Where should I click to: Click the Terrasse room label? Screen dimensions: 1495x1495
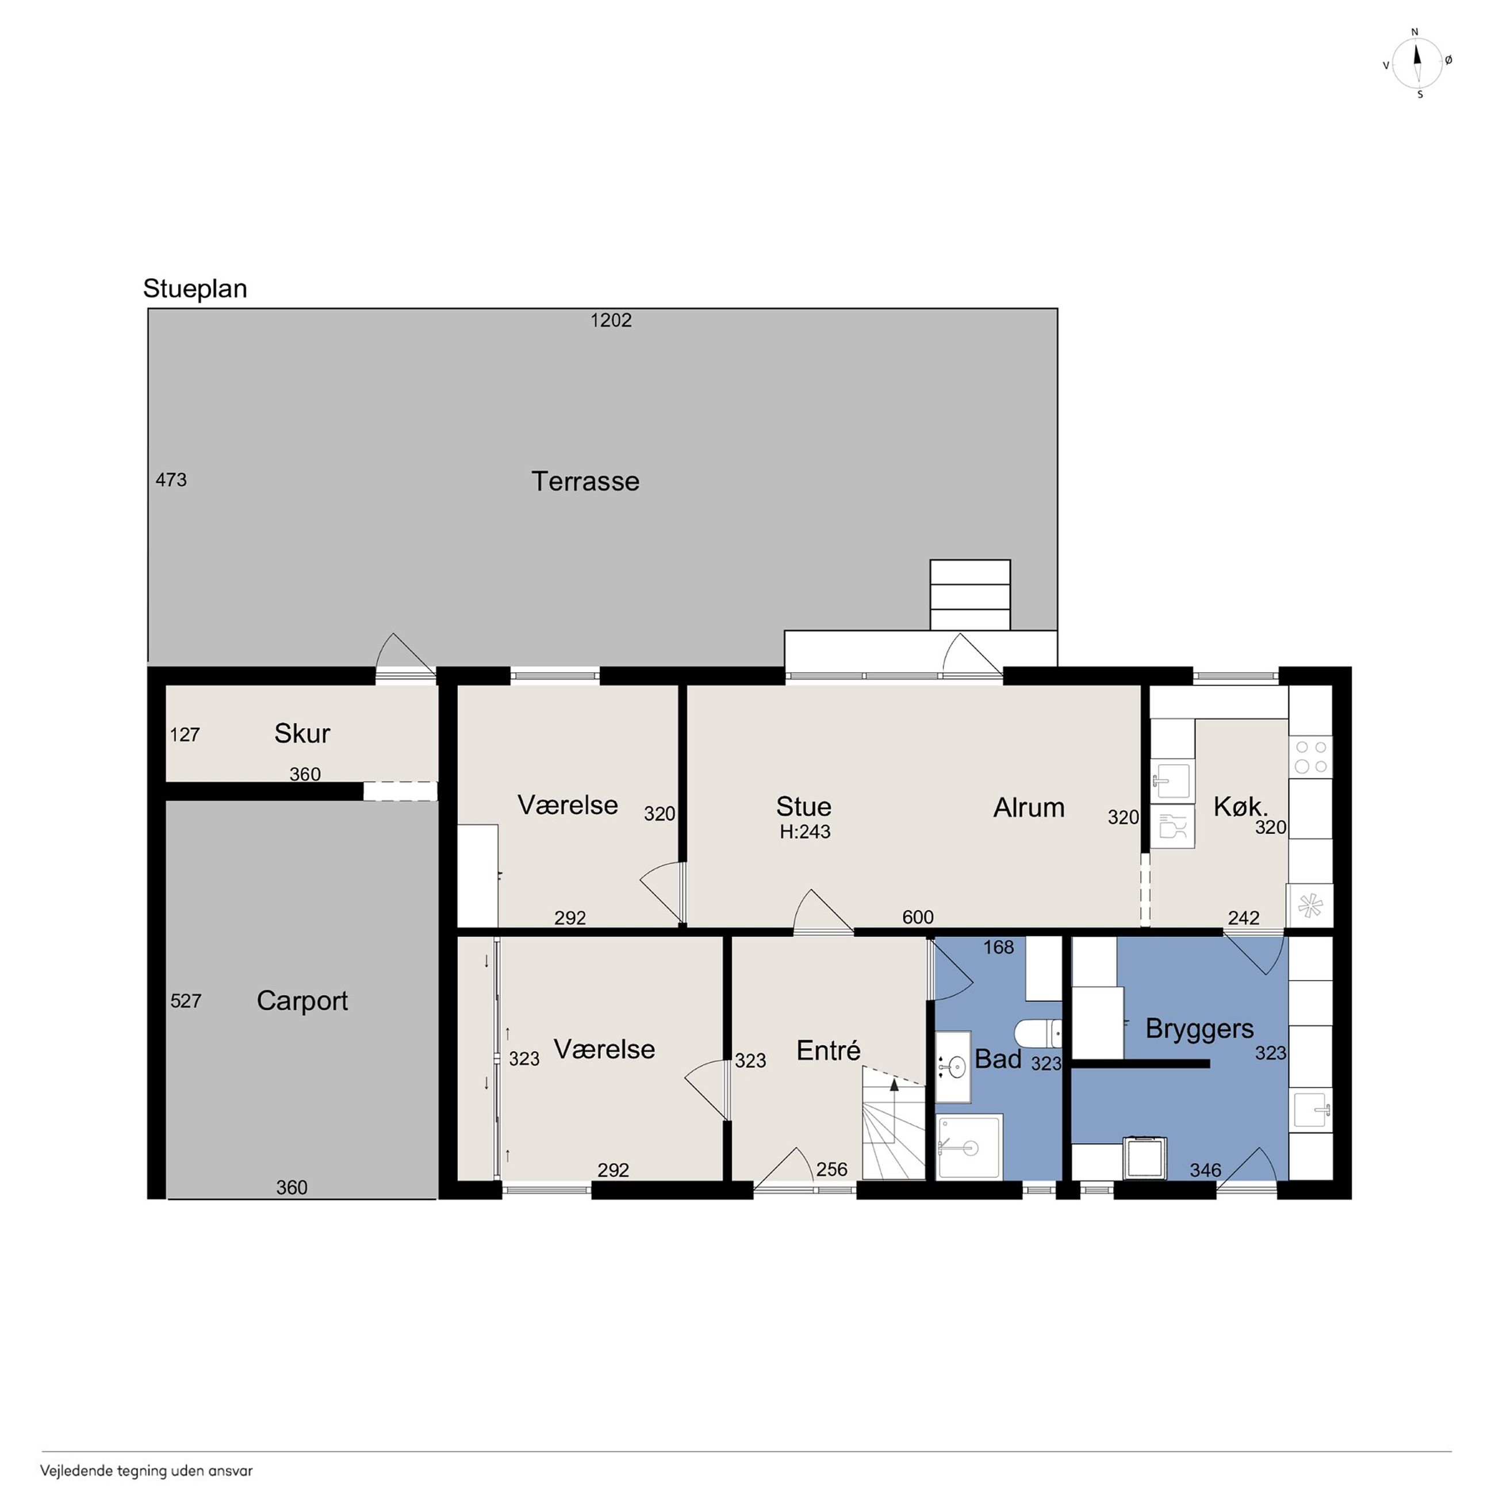point(585,481)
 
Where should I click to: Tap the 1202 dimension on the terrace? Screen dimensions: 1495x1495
point(611,320)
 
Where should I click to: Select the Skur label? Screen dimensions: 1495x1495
point(302,733)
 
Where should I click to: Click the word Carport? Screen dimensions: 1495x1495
point(302,1001)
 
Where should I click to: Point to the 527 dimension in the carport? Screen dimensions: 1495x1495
point(186,1000)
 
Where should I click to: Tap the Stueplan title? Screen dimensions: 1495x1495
point(195,289)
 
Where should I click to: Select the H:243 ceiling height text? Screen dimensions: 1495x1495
point(805,832)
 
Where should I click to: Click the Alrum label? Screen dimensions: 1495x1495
point(1029,807)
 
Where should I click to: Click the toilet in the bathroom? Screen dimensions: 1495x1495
point(1038,1032)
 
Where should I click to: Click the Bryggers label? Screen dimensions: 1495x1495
point(1199,1029)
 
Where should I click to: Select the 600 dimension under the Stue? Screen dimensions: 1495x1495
point(918,917)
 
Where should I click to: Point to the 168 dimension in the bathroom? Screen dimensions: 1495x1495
point(998,947)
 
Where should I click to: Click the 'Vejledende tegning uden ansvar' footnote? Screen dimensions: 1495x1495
point(146,1471)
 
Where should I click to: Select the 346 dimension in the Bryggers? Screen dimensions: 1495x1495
point(1205,1170)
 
